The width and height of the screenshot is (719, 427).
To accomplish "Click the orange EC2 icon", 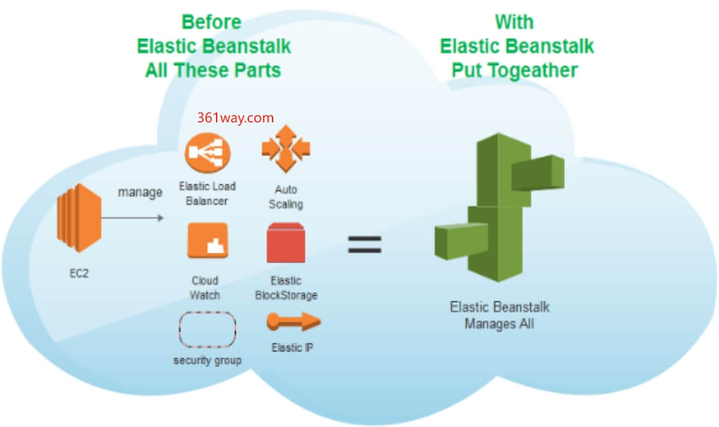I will click(x=78, y=218).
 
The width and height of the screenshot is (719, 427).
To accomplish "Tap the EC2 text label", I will click(x=78, y=274).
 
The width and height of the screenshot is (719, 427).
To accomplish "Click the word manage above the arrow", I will click(x=140, y=193).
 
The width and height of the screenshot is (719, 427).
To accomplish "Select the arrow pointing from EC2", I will click(x=132, y=216).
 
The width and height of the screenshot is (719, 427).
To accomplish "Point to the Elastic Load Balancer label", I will click(x=207, y=193).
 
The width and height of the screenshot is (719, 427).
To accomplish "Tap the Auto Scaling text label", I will click(x=285, y=197).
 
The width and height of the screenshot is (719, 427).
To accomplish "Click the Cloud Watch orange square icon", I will click(x=207, y=241).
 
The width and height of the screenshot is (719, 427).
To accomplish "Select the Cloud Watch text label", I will click(x=205, y=288).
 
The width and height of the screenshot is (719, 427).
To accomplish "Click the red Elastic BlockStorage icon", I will click(x=286, y=243).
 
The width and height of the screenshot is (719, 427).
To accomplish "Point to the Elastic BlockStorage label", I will click(x=286, y=288).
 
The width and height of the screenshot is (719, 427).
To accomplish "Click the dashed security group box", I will click(x=207, y=330).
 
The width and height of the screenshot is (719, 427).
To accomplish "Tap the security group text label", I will click(x=207, y=360).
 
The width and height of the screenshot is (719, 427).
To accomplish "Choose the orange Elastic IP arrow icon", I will click(x=293, y=322).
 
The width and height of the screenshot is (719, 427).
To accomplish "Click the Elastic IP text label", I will click(x=292, y=347).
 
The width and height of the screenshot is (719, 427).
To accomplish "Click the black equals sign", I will click(x=365, y=244).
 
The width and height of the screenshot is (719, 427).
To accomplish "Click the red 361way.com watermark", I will click(x=235, y=117).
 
